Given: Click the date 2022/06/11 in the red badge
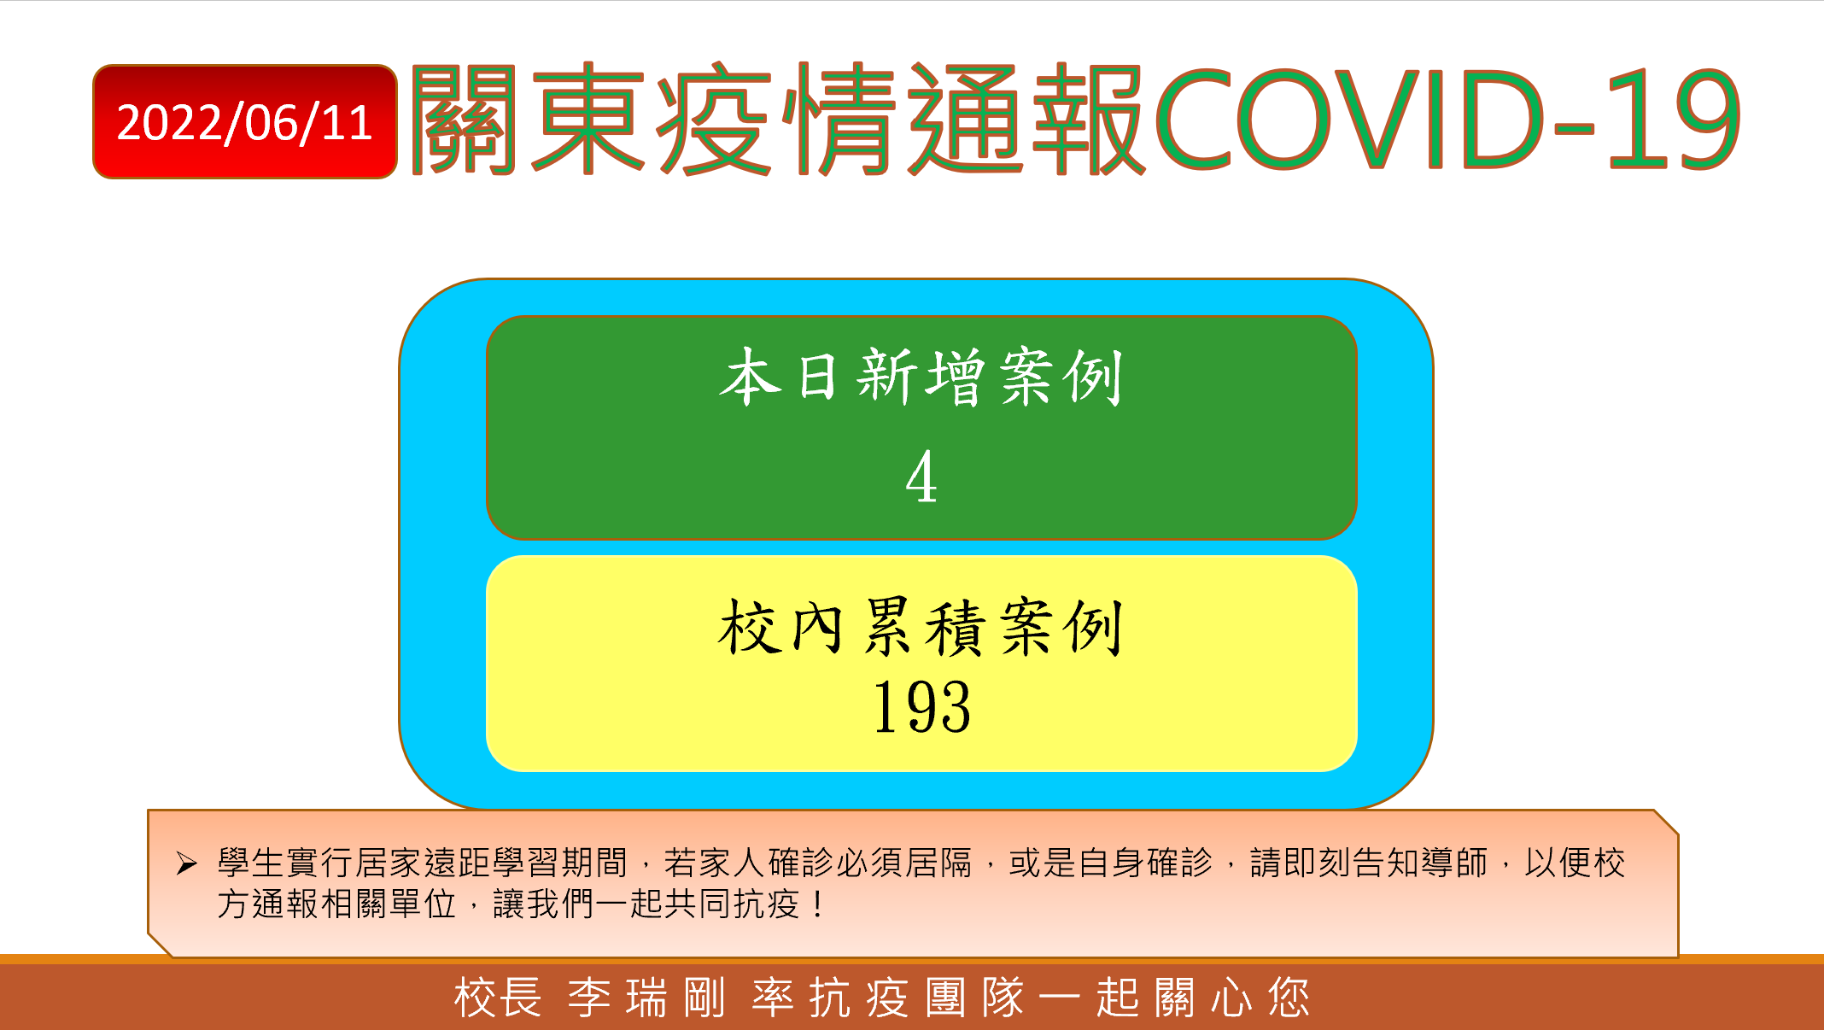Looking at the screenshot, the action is point(245,123).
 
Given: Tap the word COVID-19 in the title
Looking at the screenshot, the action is point(1448,120).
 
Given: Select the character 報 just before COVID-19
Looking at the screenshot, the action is point(1089,120).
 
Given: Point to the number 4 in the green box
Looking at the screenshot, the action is point(921,477).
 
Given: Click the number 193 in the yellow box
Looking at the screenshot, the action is point(921,707).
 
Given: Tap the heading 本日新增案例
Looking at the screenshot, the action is point(921,377).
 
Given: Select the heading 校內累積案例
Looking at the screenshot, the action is point(921,628).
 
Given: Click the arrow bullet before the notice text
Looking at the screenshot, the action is point(187,863).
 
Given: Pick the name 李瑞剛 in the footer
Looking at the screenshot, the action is point(646,998).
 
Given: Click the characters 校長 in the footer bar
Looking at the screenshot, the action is point(498,998).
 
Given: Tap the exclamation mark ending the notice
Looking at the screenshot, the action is point(819,904).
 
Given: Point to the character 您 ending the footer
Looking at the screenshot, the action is point(1289,998).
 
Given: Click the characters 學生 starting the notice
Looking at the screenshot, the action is point(251,863).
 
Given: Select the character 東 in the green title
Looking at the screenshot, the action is point(588,120).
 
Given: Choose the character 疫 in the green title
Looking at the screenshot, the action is point(714,120).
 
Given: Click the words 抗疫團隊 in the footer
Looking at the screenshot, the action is point(888,998).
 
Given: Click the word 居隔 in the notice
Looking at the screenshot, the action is point(939,863).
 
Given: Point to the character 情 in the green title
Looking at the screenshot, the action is point(839,120).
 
